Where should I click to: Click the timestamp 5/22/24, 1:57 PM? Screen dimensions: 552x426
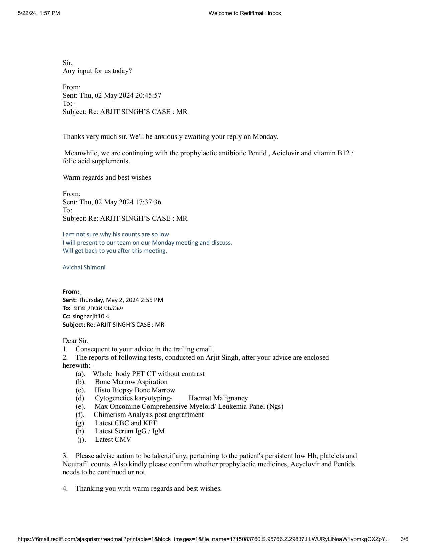point(39,13)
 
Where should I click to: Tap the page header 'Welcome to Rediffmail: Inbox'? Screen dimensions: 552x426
point(245,13)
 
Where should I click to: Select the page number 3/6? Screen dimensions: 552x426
point(404,539)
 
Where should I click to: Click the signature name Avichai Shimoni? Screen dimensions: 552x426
point(84,267)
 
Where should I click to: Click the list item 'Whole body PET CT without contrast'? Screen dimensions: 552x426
point(149,374)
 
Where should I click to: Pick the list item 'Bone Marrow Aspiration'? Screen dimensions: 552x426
point(131,382)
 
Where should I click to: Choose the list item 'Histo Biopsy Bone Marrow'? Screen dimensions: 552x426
point(135,390)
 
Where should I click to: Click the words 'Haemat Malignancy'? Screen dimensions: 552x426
point(218,398)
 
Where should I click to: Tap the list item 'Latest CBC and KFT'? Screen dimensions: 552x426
point(126,423)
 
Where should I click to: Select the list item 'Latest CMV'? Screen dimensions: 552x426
point(113,439)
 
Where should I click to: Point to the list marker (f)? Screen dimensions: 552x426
point(80,415)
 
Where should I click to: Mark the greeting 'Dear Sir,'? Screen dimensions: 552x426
point(76,341)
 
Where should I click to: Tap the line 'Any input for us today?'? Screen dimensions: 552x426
point(97,71)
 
